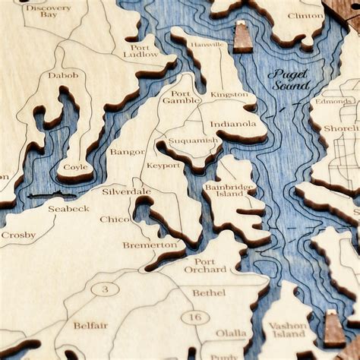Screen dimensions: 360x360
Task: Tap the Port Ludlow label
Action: click(141, 50)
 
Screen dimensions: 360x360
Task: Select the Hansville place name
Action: click(208, 45)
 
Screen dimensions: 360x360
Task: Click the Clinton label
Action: click(305, 15)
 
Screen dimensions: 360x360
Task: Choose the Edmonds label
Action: click(333, 101)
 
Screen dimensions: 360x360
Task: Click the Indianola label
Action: click(233, 123)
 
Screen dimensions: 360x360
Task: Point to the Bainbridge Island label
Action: click(230, 191)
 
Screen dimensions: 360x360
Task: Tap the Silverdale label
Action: click(126, 192)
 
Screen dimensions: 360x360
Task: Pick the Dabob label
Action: click(62, 75)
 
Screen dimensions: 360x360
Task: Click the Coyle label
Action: click(75, 167)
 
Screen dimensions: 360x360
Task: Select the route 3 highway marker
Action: click(105, 289)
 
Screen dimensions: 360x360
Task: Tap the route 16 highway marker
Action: click(195, 317)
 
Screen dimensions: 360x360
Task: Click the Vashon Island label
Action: click(288, 330)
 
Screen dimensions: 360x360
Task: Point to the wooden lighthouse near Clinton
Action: click(243, 37)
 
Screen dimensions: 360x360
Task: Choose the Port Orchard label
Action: click(205, 265)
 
